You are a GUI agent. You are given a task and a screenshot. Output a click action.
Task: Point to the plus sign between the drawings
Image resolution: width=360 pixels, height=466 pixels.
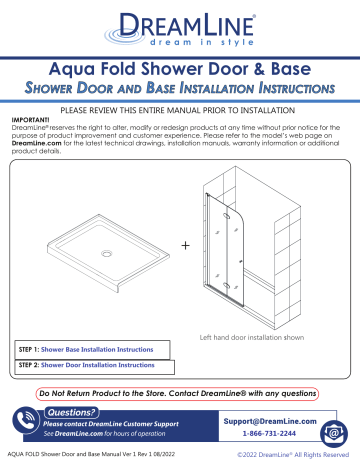pos(186,245)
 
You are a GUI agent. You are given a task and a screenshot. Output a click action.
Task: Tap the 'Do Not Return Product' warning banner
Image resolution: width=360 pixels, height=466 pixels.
pos(180,392)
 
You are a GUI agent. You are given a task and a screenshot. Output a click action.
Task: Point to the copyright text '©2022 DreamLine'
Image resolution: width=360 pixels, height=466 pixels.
pos(287,457)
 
